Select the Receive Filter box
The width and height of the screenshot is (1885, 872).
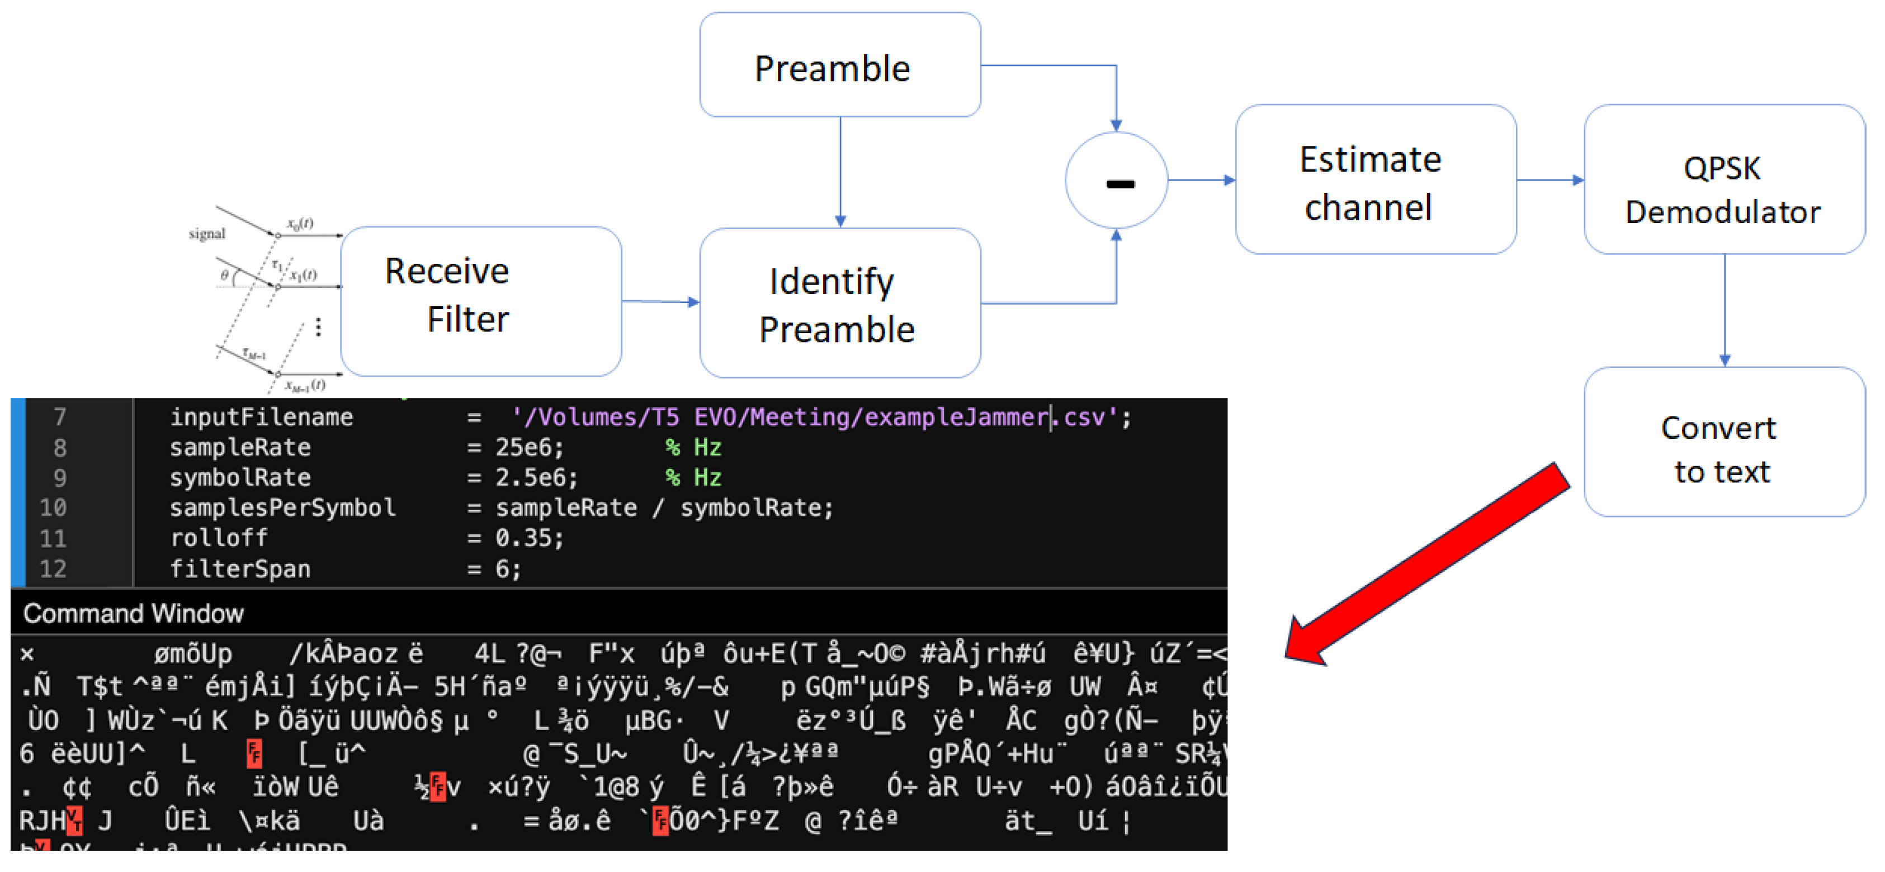pos(481,301)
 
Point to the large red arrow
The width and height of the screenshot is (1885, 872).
pos(1427,563)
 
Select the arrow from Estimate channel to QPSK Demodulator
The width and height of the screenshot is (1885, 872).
pos(1550,179)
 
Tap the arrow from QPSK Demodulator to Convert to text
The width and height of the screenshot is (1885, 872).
pos(1724,310)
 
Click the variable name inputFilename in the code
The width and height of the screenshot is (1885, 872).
pos(261,417)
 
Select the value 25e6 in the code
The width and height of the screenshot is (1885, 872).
pos(528,447)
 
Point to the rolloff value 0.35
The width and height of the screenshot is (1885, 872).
pos(528,538)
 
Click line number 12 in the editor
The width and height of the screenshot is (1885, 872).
pos(53,569)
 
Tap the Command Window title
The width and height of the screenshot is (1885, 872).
pos(133,613)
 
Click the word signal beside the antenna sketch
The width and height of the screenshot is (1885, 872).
pos(206,234)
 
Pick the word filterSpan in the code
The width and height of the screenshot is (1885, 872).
pos(240,569)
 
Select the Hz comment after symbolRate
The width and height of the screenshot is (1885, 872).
pos(694,478)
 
